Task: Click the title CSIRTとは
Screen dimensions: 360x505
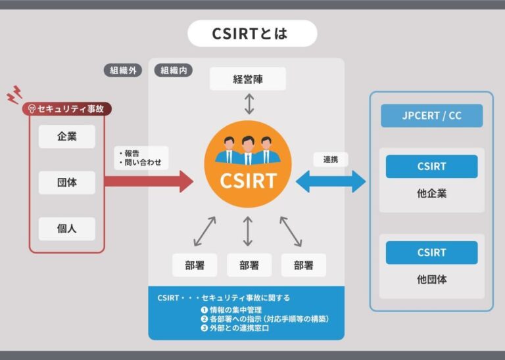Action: [252, 34]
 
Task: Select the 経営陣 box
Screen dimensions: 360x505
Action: [248, 79]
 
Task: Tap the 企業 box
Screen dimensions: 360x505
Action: [66, 137]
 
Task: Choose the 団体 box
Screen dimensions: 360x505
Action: [66, 182]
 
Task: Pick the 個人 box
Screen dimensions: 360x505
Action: [66, 229]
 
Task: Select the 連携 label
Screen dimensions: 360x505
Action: [330, 160]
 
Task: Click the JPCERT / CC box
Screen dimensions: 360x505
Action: [431, 116]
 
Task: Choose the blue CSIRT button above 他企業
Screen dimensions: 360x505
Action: [431, 166]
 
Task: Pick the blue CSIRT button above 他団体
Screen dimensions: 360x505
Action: [431, 252]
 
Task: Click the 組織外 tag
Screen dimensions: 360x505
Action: [122, 70]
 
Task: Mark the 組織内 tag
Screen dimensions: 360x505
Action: [173, 70]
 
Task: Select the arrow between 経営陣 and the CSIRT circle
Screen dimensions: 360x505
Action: [248, 104]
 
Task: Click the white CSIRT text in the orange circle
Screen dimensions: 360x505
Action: [248, 180]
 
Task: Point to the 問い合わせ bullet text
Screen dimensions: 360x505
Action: [142, 162]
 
